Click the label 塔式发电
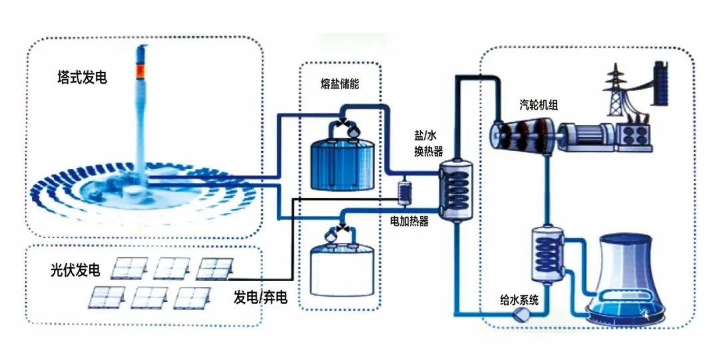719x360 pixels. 83,78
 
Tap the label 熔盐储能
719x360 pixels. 340,85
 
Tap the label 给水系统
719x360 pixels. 523,299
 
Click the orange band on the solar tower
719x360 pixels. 140,70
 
